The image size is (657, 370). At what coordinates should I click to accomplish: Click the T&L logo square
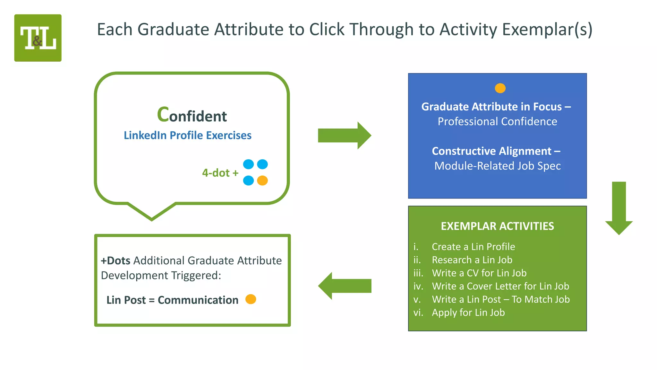pos(38,38)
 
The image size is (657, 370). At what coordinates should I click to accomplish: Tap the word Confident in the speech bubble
pos(192,115)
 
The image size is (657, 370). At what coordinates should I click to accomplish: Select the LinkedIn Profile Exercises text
pos(188,136)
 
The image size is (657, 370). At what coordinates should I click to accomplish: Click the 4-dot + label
pos(220,173)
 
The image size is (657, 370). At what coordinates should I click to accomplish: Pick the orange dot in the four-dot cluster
pos(262,181)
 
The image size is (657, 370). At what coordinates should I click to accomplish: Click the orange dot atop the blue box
pos(500,88)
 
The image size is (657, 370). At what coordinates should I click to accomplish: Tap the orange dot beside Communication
pos(251,299)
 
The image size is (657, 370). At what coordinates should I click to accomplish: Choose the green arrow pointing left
pos(345,286)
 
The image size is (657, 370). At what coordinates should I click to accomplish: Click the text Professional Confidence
pos(497,122)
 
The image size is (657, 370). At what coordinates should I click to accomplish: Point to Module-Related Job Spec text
pos(497,166)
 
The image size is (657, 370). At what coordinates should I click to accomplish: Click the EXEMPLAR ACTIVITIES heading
pos(497,226)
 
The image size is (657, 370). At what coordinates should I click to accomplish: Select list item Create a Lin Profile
pos(473,247)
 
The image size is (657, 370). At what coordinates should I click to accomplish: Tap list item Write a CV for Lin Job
pos(479,273)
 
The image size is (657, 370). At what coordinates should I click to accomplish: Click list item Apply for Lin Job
pos(468,313)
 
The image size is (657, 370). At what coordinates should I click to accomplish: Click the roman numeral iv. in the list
pos(418,286)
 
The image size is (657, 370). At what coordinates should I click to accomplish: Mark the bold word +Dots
pos(115,260)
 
